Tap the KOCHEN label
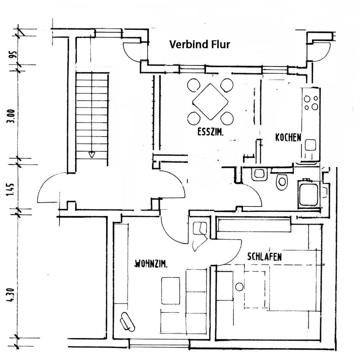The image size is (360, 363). (x=288, y=137)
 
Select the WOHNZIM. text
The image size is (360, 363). (x=151, y=264)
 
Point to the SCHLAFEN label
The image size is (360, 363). (x=264, y=257)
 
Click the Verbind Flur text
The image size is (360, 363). (x=199, y=45)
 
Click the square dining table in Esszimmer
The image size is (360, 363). (x=210, y=101)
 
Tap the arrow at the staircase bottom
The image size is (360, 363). (x=92, y=154)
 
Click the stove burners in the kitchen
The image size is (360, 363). (x=311, y=102)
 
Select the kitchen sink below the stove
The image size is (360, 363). (x=310, y=145)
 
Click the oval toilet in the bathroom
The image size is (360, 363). (x=282, y=182)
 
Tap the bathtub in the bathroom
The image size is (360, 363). (x=309, y=194)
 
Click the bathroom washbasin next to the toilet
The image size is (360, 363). (x=259, y=174)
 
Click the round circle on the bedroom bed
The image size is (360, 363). (x=239, y=287)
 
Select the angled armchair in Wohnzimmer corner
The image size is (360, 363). (x=127, y=322)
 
